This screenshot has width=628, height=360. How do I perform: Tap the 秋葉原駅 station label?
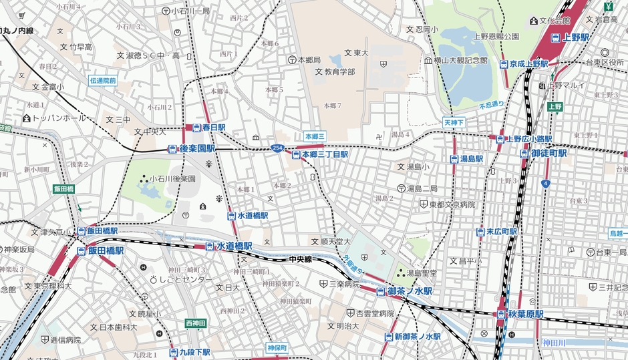point(520,314)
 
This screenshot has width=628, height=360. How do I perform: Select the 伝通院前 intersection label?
point(103,81)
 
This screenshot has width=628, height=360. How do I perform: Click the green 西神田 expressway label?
point(196,323)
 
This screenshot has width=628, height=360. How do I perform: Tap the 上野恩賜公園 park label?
point(496,36)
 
